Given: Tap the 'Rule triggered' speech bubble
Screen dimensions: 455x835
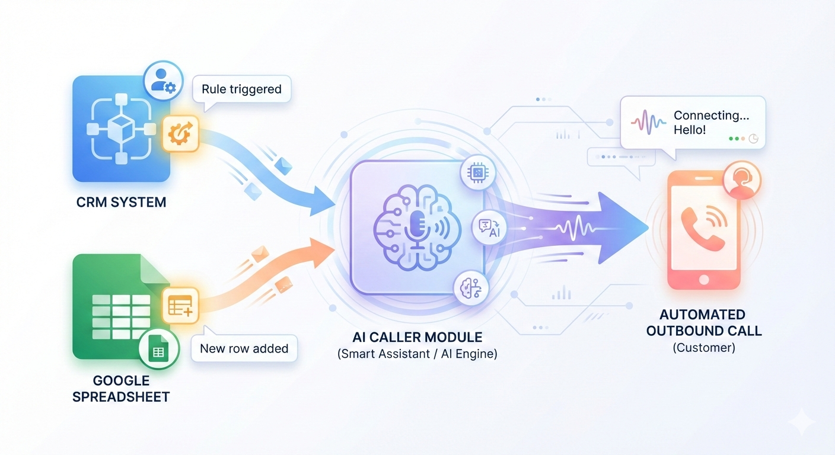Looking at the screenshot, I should coord(241,90).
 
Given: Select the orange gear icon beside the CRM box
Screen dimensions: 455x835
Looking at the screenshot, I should coord(179,133).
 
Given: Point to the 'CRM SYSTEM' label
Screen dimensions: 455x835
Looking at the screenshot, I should coord(121,202).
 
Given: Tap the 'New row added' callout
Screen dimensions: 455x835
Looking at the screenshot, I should coord(244,348).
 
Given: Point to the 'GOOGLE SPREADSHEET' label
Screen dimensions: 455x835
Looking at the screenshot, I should coord(121,389).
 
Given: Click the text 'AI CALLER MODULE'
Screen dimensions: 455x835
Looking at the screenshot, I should coord(417,338).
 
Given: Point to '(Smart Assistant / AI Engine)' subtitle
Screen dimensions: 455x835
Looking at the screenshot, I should coord(417,355).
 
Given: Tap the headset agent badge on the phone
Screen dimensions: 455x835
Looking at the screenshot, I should coord(741,180).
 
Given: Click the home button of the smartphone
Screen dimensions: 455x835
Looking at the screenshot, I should coord(704,279).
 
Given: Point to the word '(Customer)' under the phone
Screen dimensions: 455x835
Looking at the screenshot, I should coord(704,348).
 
